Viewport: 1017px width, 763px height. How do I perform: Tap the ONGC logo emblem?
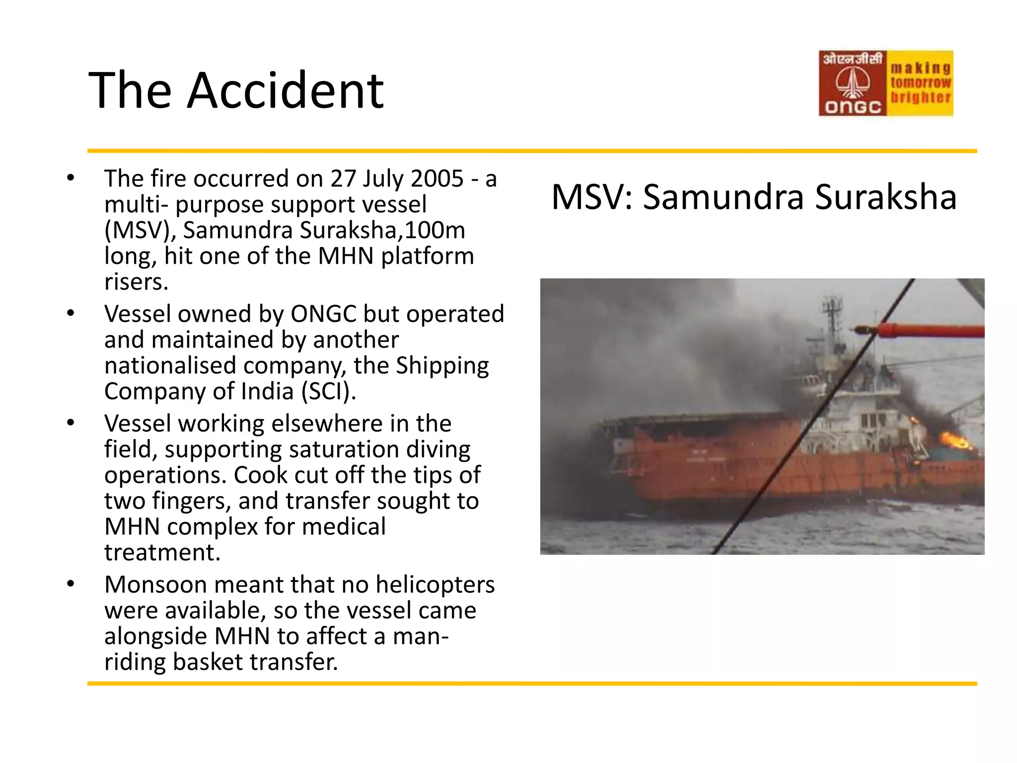coord(852,83)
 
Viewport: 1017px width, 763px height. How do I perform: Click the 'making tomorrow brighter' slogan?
coord(920,82)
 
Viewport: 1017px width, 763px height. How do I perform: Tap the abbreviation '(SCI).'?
coord(329,391)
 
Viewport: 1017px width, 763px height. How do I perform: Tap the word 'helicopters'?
coord(435,585)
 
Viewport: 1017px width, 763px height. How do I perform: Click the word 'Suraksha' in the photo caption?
coord(885,197)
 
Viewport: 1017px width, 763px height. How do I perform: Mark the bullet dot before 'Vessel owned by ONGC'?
coord(71,313)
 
